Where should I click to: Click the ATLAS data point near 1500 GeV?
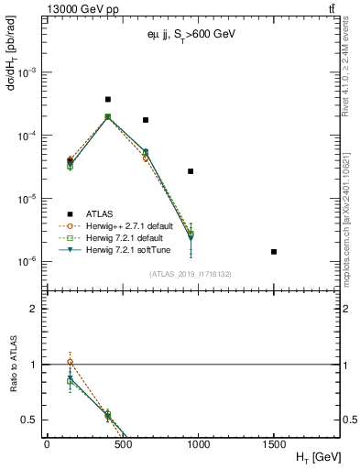point(274,251)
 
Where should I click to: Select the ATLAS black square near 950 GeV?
point(191,171)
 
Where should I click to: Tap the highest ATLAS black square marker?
point(108,99)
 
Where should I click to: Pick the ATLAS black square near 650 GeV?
point(146,120)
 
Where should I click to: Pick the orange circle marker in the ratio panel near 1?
point(70,362)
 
